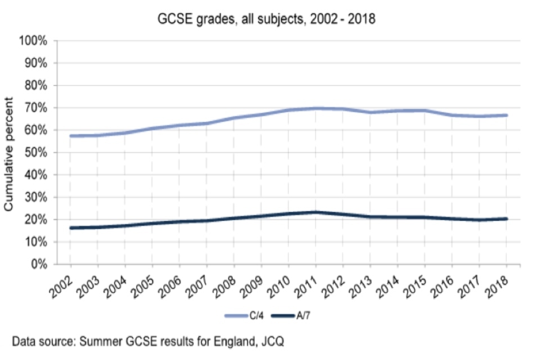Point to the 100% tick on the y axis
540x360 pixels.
click(35, 41)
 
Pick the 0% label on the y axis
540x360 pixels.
click(40, 264)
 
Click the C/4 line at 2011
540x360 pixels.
click(316, 108)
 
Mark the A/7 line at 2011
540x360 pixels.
click(316, 212)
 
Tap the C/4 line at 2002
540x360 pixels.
click(71, 136)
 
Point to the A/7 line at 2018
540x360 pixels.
click(506, 219)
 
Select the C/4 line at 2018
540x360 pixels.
click(506, 115)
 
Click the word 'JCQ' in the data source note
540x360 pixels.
click(275, 341)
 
